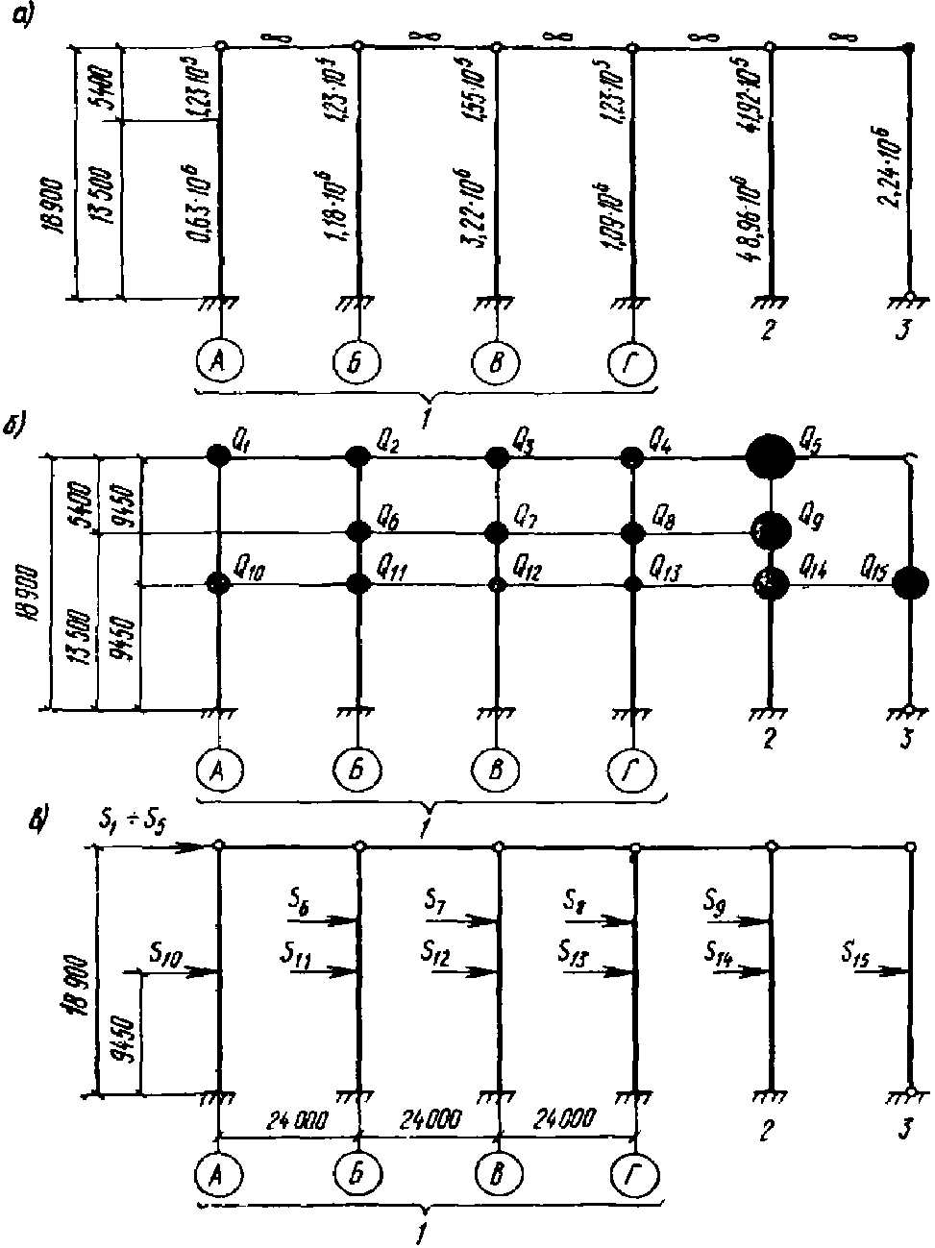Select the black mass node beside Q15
pos(909,583)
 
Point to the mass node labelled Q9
pos(772,529)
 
